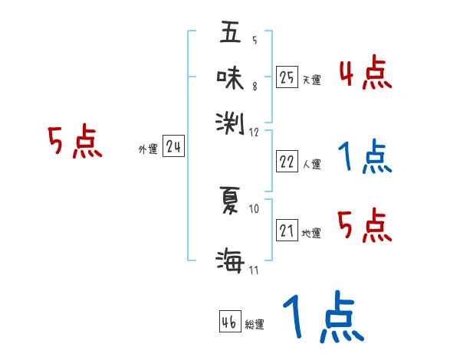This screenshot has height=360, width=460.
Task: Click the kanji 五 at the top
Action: (x=229, y=34)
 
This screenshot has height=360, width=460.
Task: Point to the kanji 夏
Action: (x=230, y=200)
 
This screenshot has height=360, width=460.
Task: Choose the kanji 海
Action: (x=230, y=261)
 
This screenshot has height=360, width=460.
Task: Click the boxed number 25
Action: (x=287, y=77)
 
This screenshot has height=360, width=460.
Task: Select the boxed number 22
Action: (x=287, y=162)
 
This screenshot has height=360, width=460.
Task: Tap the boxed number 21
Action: (x=287, y=231)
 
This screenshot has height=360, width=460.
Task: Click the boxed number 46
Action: (x=229, y=322)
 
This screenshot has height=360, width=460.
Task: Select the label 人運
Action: (x=311, y=164)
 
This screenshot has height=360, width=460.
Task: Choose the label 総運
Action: (x=255, y=325)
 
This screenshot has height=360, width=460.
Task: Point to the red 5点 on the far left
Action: (x=74, y=142)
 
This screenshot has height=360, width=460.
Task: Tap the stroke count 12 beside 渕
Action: (x=255, y=133)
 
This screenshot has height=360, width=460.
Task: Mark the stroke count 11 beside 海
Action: (x=255, y=270)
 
